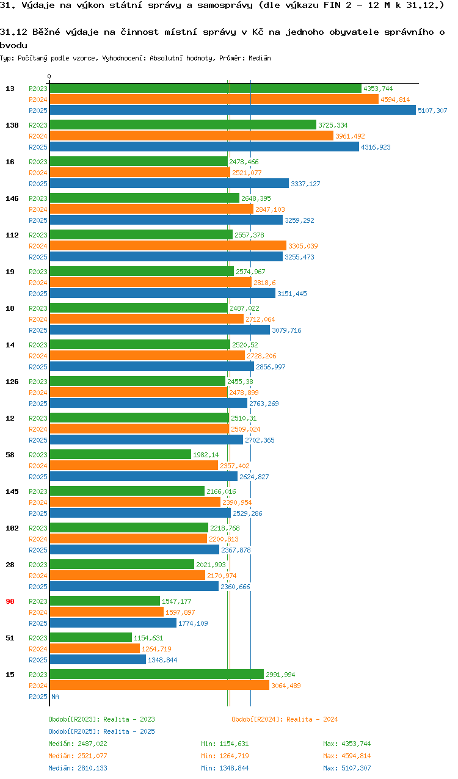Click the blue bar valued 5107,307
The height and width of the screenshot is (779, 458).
[233, 111]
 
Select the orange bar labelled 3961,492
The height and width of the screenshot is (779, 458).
[192, 136]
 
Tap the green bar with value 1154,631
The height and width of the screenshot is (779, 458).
[91, 637]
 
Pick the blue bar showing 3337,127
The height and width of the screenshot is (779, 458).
[169, 183]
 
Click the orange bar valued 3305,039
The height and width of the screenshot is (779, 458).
[168, 245]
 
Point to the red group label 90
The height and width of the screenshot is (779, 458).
[10, 601]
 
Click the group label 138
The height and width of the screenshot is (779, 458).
[12, 125]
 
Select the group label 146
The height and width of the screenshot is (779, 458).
[12, 198]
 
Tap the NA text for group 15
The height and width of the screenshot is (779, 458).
[56, 696]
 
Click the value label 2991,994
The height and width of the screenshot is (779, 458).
[280, 675]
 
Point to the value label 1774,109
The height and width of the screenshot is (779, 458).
[193, 623]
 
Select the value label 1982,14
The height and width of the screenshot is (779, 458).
[206, 455]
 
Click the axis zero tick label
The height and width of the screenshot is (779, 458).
[49, 76]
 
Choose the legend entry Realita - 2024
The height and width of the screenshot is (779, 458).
[285, 719]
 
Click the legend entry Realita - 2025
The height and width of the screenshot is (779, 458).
[101, 731]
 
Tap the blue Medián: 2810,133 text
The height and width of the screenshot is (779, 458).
[78, 767]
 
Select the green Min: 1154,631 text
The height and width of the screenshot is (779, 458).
[225, 743]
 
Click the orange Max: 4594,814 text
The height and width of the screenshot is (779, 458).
[347, 755]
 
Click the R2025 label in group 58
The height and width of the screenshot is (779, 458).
[38, 476]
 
